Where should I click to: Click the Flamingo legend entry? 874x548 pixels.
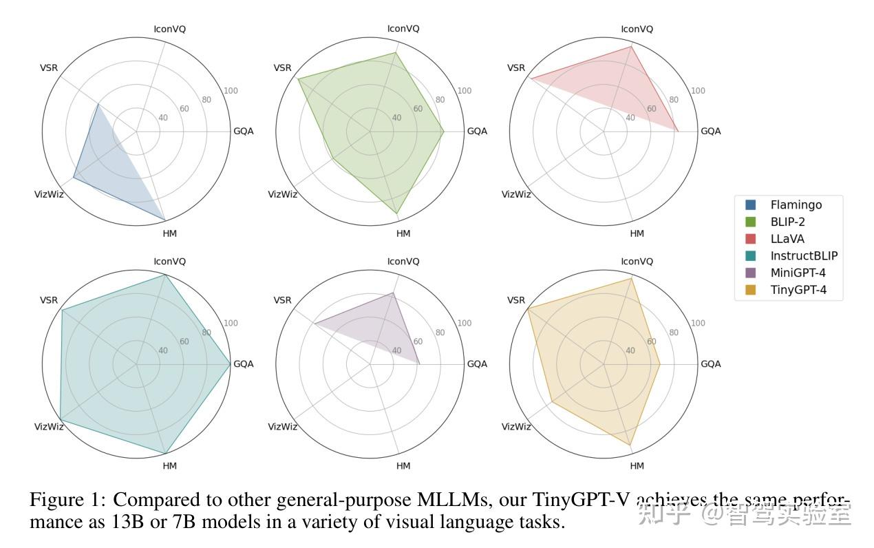796,204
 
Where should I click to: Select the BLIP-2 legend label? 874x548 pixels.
787,222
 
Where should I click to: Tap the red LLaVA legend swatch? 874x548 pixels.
750,239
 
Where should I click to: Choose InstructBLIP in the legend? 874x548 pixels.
804,256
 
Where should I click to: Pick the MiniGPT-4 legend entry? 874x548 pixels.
798,273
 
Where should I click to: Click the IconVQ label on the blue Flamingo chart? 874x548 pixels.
169,29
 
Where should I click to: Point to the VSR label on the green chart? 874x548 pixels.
282,67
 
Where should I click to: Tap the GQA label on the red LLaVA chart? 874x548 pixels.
710,131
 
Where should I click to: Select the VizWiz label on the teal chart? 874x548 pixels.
49,427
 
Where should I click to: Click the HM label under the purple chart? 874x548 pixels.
403,466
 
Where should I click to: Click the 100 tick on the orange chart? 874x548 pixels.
698,323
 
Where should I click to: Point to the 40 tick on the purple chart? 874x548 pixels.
396,350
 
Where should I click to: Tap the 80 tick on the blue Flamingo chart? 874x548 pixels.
206,100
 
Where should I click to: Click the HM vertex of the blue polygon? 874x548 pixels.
165,220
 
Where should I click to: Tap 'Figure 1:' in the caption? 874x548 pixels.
68,500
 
